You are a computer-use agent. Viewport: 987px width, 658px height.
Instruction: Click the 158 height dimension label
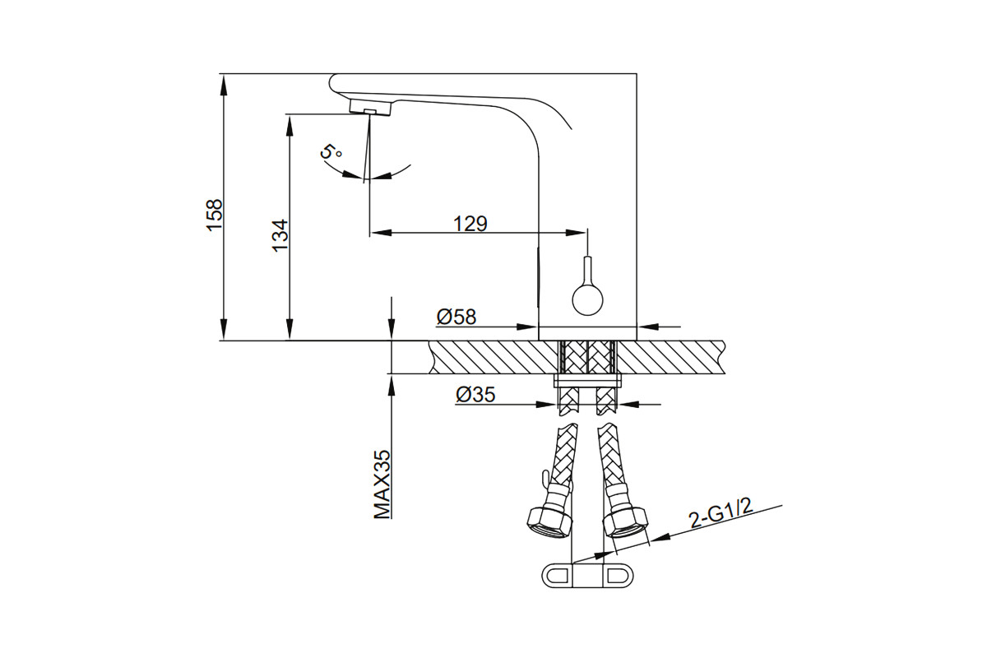pos(215,215)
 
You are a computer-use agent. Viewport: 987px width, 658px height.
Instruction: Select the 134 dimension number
pos(280,235)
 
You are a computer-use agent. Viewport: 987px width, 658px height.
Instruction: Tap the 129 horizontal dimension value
pos(470,224)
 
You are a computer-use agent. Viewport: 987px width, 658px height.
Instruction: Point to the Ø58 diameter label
pos(456,317)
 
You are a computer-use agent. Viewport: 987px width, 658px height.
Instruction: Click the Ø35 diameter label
pos(476,395)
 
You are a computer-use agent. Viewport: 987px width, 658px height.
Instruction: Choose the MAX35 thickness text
pos(382,484)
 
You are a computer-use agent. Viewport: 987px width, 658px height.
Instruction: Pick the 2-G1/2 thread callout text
pos(721,514)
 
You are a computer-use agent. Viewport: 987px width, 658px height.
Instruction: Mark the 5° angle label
pos(331,151)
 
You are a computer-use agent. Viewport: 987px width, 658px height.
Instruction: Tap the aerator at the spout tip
pos(370,107)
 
